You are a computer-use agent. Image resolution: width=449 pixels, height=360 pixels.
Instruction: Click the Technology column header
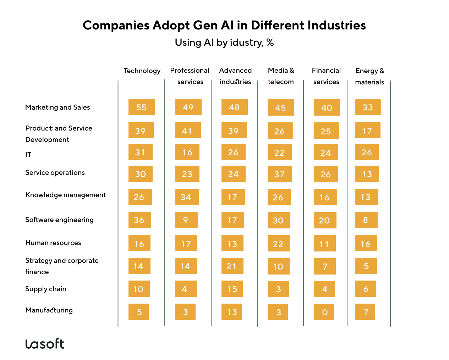(142, 71)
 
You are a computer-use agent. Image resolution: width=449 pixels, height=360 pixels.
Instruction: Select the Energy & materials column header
(369, 76)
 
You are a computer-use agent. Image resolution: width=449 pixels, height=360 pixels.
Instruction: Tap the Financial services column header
(326, 76)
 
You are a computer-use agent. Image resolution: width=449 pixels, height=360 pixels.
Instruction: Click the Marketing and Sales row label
(58, 107)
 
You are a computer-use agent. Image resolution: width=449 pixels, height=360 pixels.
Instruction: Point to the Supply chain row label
(46, 289)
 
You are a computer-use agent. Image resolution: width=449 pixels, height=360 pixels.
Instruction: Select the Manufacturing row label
(49, 310)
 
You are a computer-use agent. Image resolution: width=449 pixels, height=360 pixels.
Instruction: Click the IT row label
(28, 155)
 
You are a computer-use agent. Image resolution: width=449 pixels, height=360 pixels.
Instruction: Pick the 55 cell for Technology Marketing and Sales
(141, 107)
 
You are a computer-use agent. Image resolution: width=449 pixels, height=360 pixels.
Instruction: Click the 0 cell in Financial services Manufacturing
(324, 312)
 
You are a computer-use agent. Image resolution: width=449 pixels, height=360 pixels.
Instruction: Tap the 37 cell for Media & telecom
(279, 174)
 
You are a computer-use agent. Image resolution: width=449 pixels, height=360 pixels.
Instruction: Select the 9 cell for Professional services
(186, 220)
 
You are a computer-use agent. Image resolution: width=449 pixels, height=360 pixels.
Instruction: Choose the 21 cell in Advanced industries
(232, 266)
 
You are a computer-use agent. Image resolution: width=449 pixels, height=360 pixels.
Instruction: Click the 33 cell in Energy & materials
(368, 107)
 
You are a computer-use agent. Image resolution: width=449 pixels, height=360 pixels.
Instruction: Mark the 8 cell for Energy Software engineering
(366, 220)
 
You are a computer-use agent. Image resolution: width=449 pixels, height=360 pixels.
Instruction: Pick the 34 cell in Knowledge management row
(187, 197)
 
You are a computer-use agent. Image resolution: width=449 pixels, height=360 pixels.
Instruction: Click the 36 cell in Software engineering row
(139, 220)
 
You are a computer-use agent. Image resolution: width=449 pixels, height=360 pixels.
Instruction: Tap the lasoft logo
(45, 344)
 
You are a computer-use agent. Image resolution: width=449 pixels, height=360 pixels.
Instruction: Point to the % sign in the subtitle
(270, 43)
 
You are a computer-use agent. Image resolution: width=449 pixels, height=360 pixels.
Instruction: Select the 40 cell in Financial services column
(327, 107)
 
